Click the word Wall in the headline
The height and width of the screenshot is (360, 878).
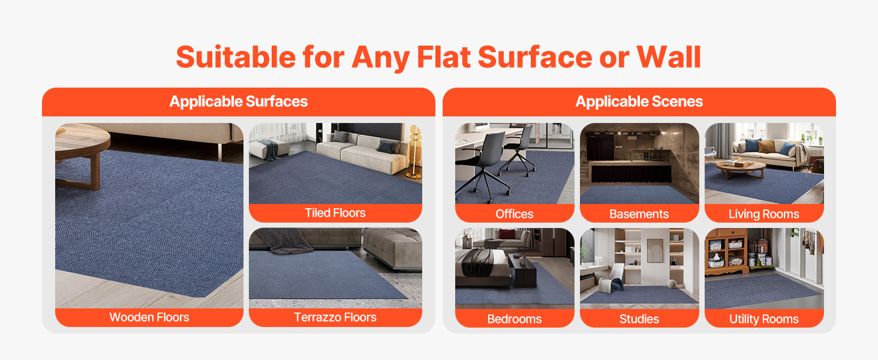[669, 57]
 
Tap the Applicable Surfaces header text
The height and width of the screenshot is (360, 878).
[239, 101]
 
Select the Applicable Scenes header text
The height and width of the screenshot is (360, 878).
[639, 101]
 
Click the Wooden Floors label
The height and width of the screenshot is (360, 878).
[149, 317]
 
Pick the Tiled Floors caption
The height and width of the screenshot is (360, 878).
[335, 213]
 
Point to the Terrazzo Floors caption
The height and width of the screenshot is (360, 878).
[335, 317]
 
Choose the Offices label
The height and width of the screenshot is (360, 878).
[514, 214]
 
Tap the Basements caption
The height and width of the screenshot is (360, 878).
[639, 214]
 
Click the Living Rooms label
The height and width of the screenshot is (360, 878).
[764, 214]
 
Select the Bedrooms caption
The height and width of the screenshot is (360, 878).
[514, 319]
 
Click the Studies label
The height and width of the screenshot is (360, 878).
[639, 319]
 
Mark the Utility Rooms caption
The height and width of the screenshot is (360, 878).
[764, 319]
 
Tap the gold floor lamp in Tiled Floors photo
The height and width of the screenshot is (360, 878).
[414, 151]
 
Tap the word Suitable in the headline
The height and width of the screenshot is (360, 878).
[236, 57]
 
